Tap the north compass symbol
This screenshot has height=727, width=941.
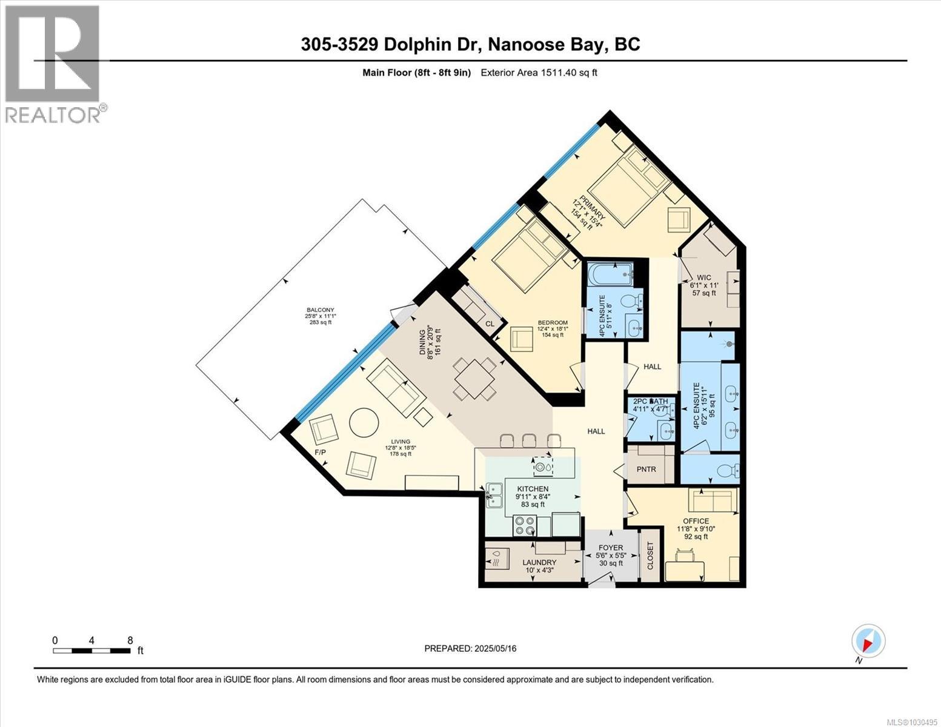pos(868,641)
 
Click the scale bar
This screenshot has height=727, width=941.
pos(91,651)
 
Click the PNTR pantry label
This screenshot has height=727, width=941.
pos(647,469)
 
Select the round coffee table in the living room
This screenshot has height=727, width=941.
pos(364,422)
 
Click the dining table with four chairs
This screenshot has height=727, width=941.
pos(476,379)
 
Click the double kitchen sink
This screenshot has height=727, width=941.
pos(496,494)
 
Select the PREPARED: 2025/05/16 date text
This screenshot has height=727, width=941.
pos(470,648)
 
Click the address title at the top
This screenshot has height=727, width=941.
pos(470,44)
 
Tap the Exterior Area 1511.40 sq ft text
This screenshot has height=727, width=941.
pos(539,73)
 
